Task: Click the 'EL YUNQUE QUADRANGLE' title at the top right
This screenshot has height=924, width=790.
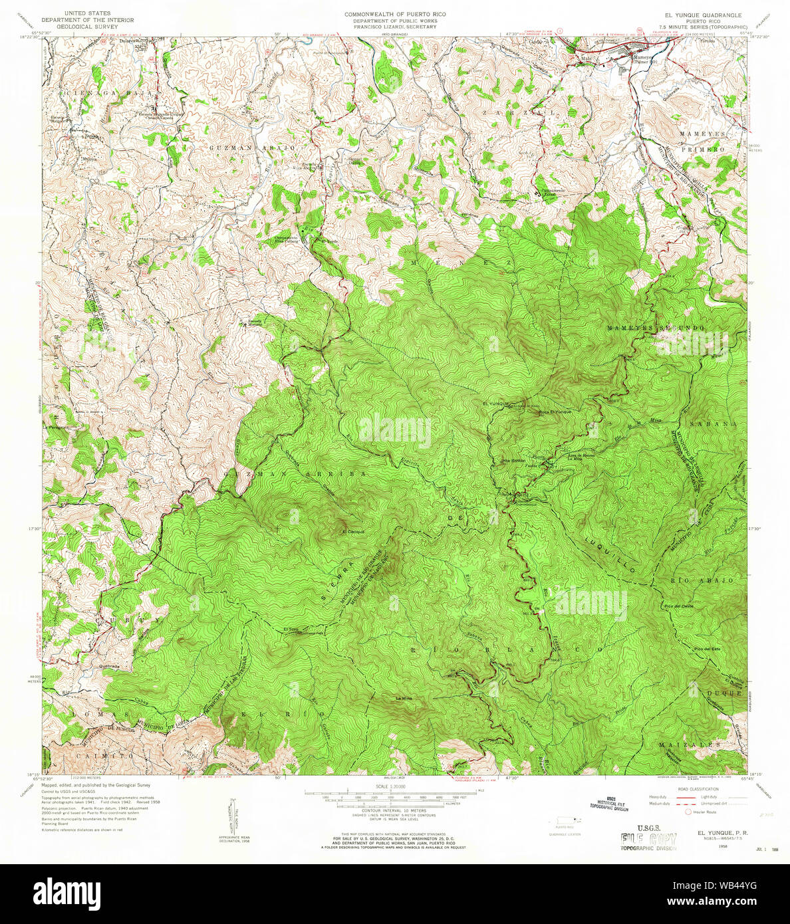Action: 698,14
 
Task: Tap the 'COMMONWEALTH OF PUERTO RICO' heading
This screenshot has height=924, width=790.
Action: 395,14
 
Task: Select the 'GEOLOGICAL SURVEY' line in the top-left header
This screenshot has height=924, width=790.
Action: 86,26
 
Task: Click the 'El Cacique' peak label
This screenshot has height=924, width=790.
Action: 352,532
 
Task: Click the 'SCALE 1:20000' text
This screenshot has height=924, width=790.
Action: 394,786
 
